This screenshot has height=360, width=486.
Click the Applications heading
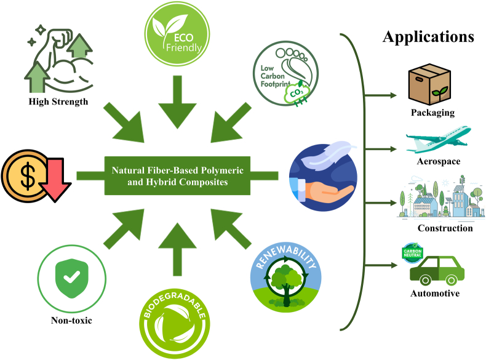click(428, 36)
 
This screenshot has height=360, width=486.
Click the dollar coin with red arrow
click(30, 175)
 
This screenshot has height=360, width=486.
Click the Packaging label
click(433, 113)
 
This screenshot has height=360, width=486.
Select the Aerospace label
click(435, 161)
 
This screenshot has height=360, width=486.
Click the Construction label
click(437, 228)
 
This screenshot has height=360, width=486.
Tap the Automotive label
click(435, 294)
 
